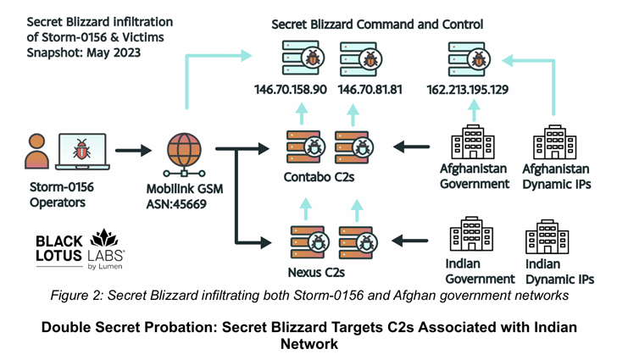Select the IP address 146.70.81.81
tap(370, 88)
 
